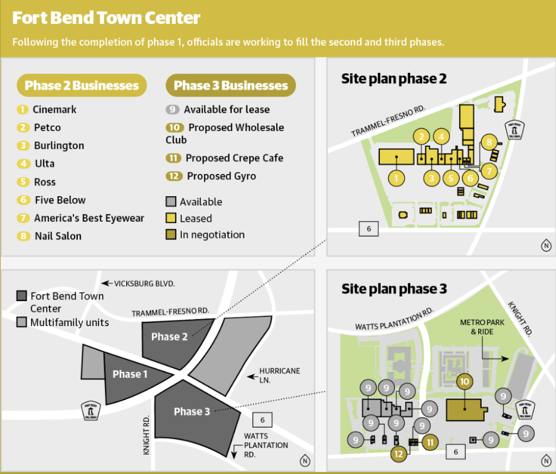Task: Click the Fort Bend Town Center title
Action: point(106,18)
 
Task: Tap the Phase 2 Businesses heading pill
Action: point(82,86)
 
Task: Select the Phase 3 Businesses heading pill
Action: point(231,86)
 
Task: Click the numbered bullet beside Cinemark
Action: point(23,109)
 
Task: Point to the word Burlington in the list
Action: point(59,146)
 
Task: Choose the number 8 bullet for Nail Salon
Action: point(23,236)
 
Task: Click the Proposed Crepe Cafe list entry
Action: point(234,158)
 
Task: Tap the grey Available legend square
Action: point(171,202)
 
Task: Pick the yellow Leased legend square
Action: point(171,218)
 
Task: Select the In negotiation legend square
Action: point(171,234)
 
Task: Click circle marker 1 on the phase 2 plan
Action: point(396,178)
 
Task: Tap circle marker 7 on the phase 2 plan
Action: point(489,171)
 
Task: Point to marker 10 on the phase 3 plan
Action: point(465,382)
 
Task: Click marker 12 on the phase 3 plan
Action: point(398,453)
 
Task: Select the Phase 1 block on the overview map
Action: point(130,374)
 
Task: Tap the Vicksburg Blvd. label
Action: point(144,283)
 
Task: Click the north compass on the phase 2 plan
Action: point(546,245)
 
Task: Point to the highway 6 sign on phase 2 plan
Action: point(369,228)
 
